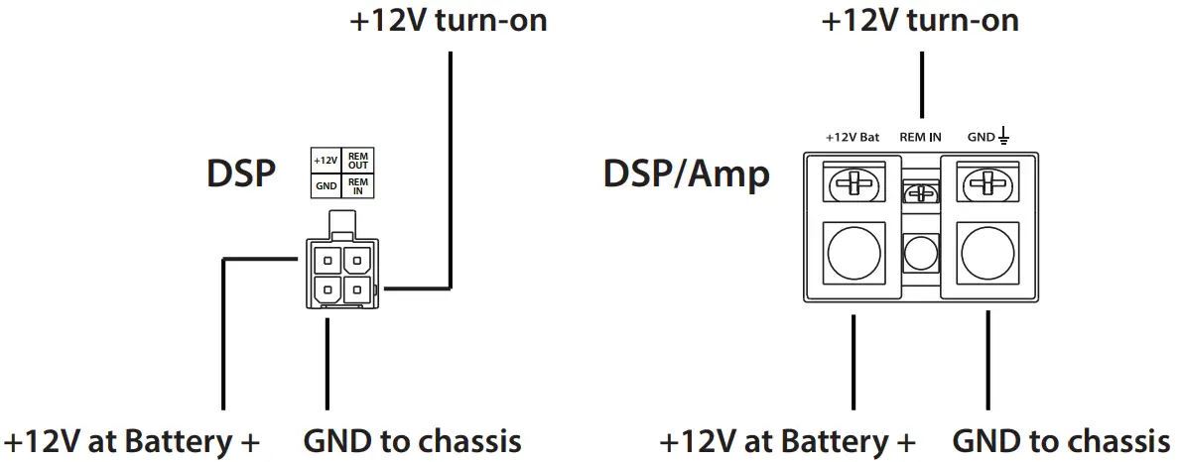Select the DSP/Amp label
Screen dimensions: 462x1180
coord(686,174)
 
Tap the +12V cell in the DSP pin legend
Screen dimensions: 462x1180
coord(326,161)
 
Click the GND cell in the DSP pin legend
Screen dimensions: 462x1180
coord(326,185)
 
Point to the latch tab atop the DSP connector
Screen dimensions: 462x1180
coord(341,223)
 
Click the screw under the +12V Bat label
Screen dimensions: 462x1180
coord(852,183)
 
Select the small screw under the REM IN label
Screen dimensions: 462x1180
coord(920,193)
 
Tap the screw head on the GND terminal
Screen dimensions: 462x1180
coord(987,183)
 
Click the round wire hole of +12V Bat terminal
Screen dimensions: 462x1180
coord(852,254)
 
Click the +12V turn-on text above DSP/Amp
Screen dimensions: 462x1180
coord(920,21)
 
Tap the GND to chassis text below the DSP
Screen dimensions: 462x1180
coord(411,440)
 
